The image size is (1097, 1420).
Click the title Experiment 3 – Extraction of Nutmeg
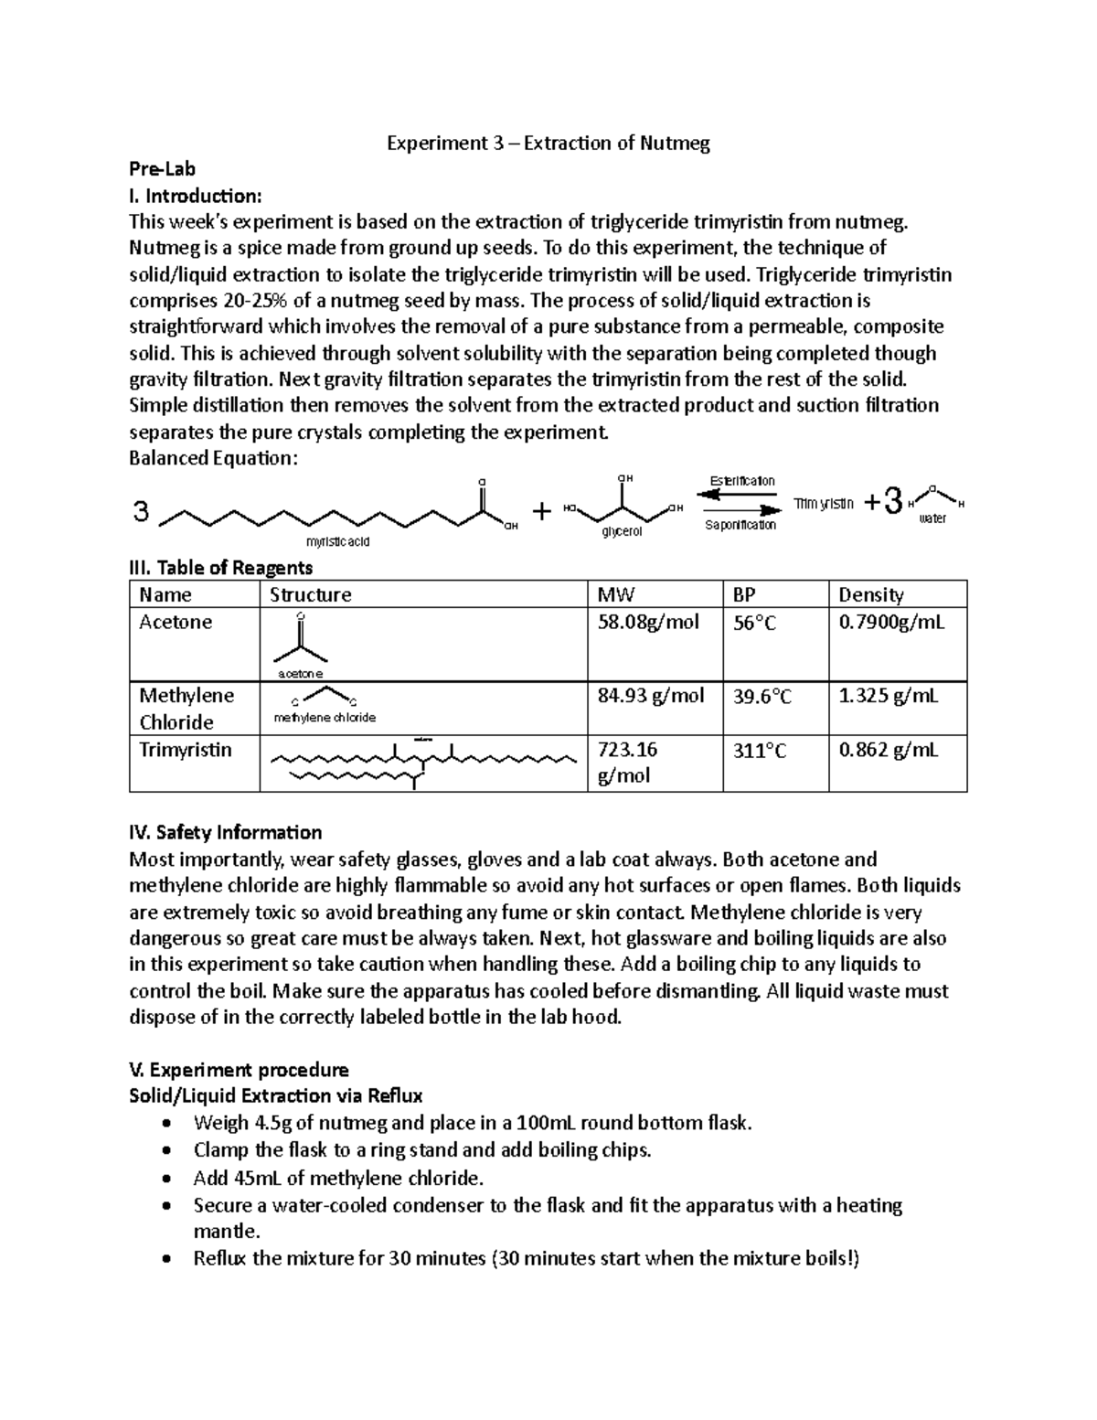548,143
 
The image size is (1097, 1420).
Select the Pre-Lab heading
162,169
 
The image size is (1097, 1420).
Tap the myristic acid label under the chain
338,541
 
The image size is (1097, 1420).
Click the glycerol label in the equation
622,531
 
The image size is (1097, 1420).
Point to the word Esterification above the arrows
741,481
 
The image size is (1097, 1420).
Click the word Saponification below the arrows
740,525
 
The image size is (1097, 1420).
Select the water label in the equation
932,518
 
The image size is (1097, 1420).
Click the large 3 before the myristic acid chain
141,512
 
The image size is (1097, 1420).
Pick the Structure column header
311,595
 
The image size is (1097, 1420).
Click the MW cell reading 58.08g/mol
647,623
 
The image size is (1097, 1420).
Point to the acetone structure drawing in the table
301,645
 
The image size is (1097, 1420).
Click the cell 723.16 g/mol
627,763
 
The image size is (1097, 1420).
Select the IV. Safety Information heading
225,832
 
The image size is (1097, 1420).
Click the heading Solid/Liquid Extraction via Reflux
275,1095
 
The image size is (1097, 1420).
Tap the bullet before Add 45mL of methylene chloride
165,1178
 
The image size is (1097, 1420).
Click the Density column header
871,595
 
